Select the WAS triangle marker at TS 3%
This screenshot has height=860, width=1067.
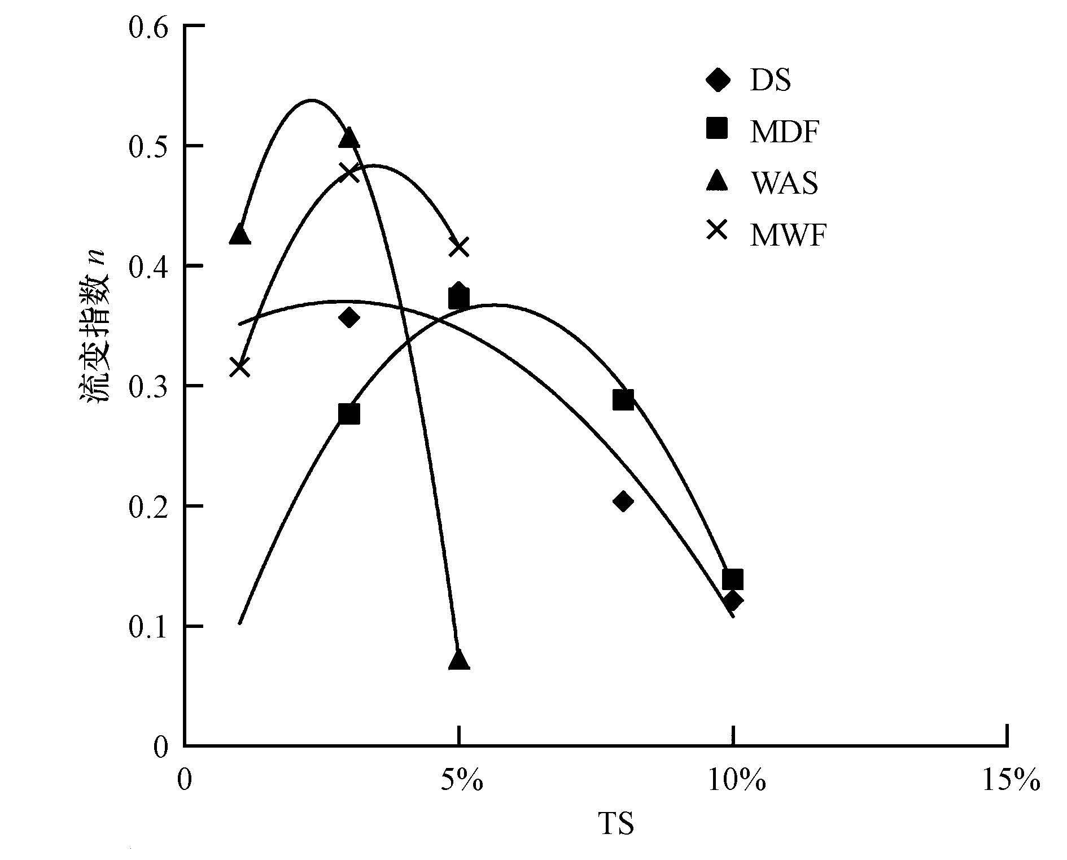[x=349, y=138]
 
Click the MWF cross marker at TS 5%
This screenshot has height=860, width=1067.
[x=460, y=247]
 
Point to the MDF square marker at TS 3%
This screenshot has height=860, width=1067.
[x=349, y=414]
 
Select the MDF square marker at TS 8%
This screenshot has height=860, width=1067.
[x=623, y=400]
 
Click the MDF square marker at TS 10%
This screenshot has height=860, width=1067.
[x=732, y=579]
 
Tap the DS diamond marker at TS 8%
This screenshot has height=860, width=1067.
[x=623, y=501]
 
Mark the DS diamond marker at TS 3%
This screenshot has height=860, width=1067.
[x=349, y=317]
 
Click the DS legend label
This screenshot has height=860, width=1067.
[x=771, y=81]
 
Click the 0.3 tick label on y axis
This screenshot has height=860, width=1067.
[x=148, y=386]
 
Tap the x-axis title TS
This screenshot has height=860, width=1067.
[x=616, y=823]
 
